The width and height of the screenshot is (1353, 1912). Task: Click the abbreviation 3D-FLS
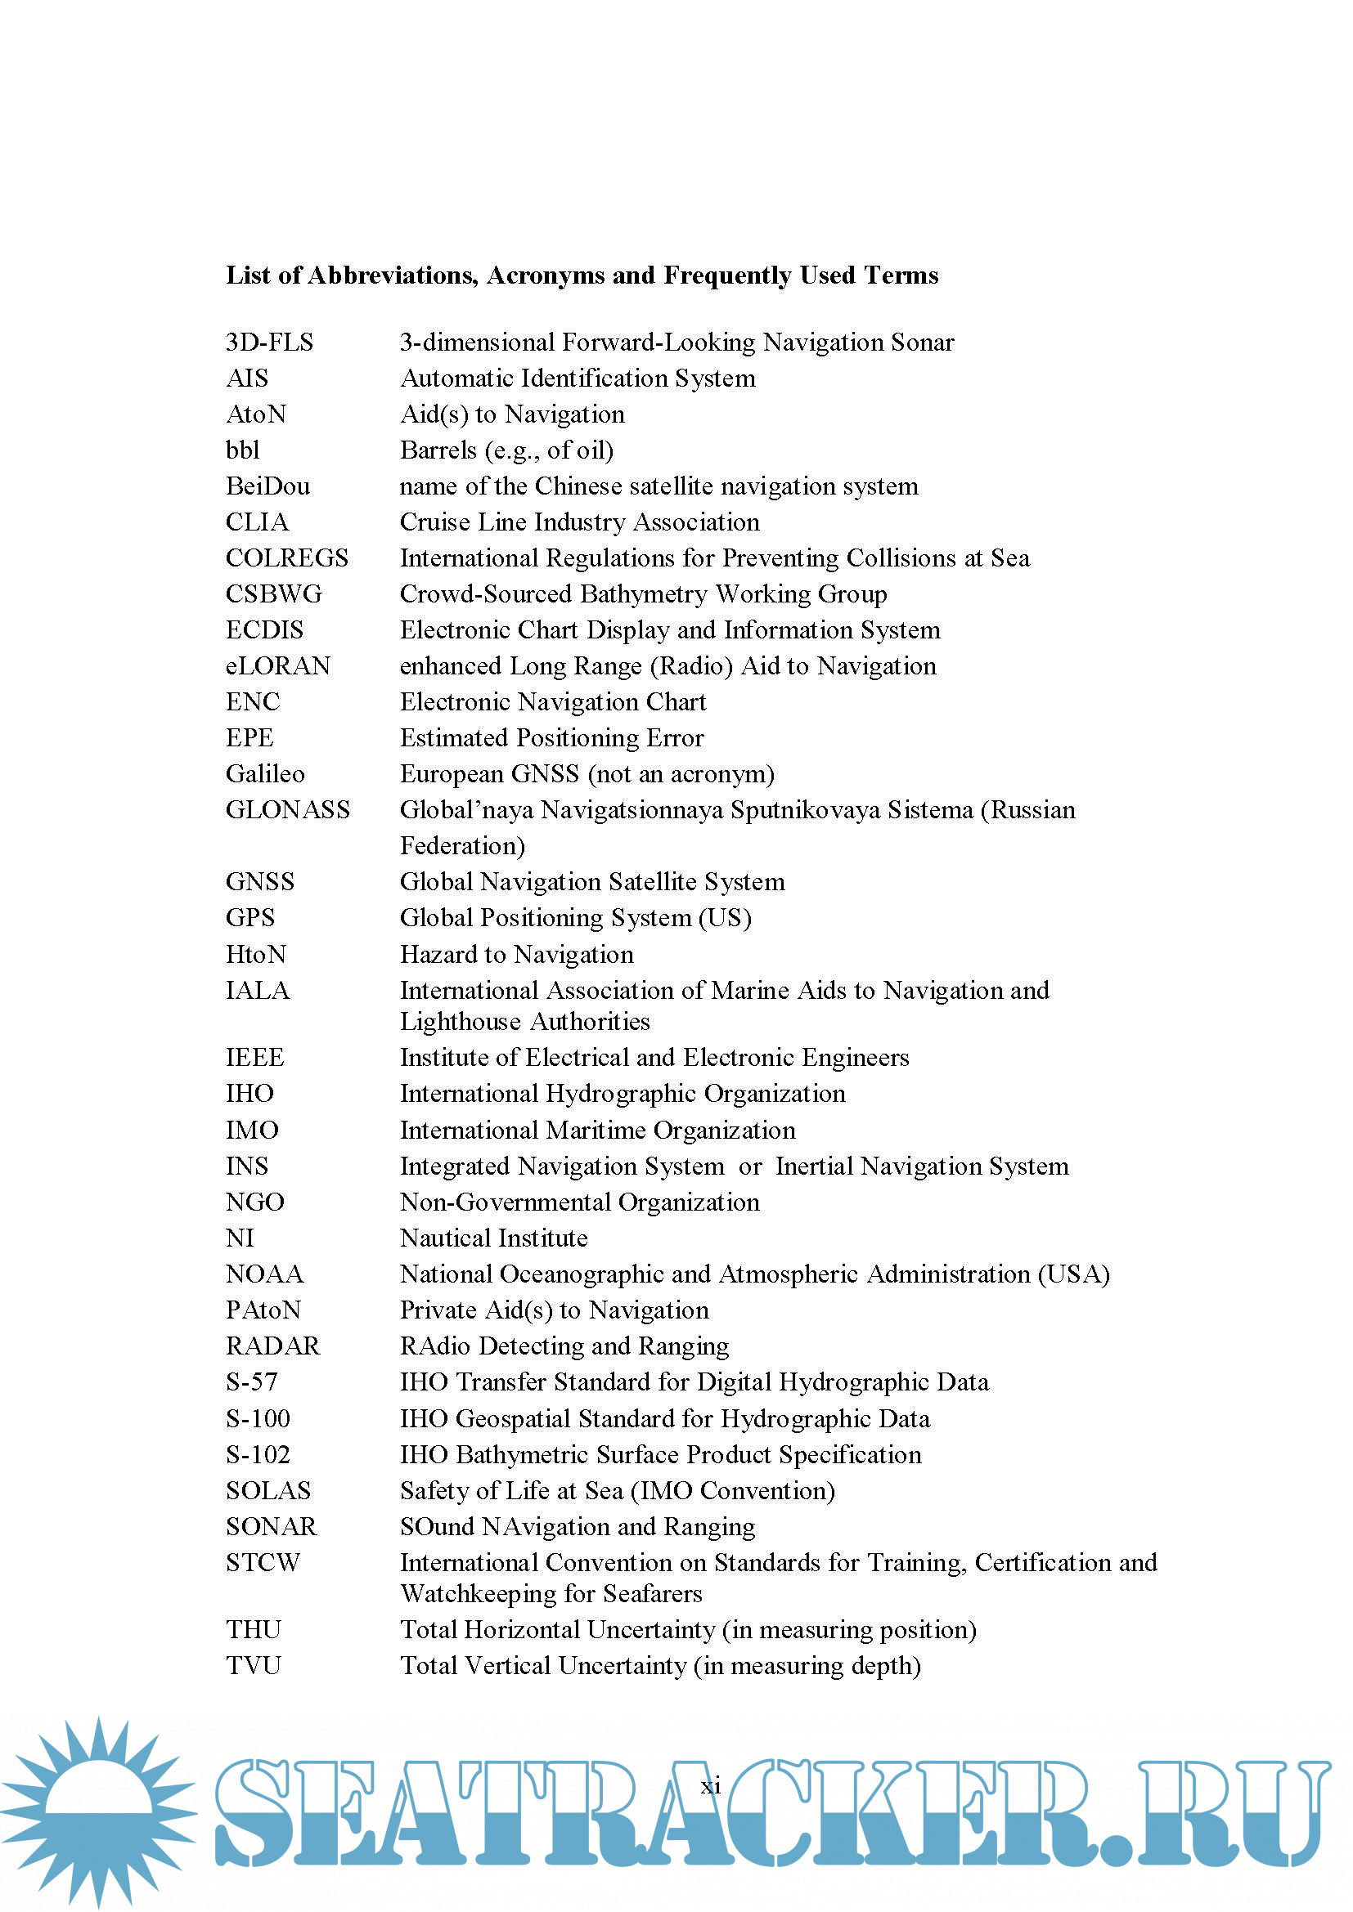[x=269, y=343]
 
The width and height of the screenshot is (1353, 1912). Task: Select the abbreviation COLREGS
[x=286, y=558]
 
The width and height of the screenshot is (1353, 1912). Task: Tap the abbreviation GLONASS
[x=287, y=809]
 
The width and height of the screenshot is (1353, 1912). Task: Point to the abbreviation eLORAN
[x=278, y=666]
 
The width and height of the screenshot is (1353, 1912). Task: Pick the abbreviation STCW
[x=263, y=1562]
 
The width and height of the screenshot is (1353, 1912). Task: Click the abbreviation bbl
[x=242, y=450]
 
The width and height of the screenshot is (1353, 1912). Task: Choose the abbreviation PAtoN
[x=263, y=1310]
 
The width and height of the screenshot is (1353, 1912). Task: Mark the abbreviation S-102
[x=258, y=1454]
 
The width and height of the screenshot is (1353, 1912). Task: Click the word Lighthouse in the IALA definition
[x=460, y=1022]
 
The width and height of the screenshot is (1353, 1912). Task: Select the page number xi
[x=711, y=1785]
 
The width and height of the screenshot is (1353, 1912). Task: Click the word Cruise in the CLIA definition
[x=438, y=522]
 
